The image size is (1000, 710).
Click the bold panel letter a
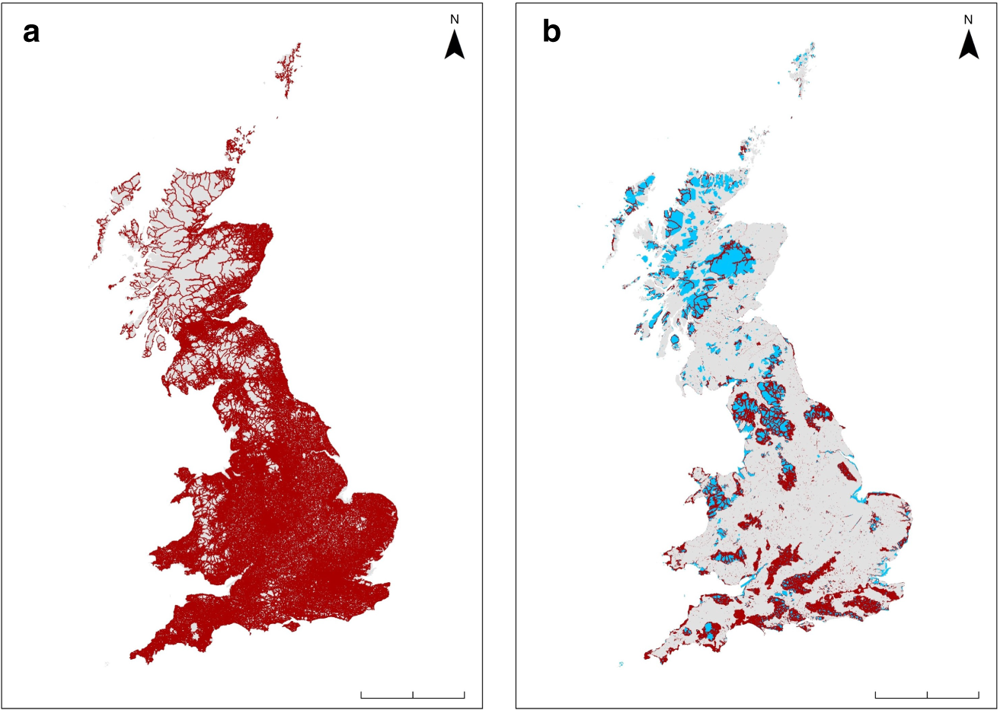[x=31, y=33]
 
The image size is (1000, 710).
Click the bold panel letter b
[x=551, y=33]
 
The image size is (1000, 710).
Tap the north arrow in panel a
[x=455, y=45]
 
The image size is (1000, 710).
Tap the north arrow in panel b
[x=968, y=45]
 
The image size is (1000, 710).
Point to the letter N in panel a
[x=455, y=20]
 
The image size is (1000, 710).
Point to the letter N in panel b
[x=968, y=20]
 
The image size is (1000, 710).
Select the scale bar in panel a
[x=412, y=694]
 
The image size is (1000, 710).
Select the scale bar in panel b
[x=927, y=694]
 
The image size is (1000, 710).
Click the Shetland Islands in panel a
[x=290, y=68]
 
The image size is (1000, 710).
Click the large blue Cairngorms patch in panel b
[x=731, y=263]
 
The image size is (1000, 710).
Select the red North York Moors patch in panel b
[x=819, y=415]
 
